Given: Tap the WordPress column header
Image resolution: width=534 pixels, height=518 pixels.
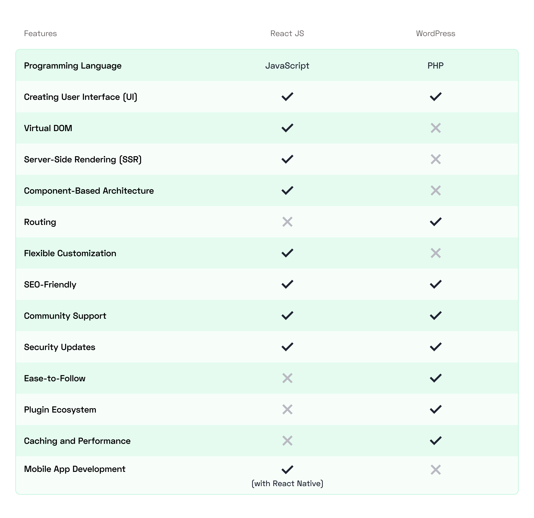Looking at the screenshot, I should tap(435, 33).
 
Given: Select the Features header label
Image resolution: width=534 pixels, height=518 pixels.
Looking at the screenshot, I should tap(40, 33).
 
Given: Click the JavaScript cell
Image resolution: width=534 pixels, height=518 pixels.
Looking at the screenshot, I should tap(287, 66).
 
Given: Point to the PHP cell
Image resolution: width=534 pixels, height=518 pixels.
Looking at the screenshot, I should tap(435, 66).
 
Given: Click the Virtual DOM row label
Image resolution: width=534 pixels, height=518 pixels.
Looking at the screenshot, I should tap(48, 128).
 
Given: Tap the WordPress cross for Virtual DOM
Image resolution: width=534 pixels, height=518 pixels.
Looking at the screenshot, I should tap(436, 128).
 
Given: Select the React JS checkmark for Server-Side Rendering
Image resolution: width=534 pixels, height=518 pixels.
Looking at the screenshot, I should tap(287, 159).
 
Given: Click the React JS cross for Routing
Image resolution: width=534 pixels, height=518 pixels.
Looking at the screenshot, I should tap(287, 222).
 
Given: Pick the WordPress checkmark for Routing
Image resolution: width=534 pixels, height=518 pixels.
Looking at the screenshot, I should tap(436, 222).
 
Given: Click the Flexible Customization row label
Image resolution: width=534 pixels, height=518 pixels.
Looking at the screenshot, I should tap(70, 253).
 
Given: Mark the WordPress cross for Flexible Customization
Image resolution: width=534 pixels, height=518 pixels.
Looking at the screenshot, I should tap(436, 253).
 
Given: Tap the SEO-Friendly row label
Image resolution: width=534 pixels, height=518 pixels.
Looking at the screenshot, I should tap(50, 284).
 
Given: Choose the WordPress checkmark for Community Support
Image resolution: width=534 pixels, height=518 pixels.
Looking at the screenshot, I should tap(436, 316).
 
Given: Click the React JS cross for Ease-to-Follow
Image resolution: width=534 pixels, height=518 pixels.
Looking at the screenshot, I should tap(287, 378).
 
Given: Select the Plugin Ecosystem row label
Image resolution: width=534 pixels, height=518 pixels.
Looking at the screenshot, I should tap(60, 410).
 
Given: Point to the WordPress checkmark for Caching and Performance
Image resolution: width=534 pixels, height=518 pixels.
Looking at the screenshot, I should tap(436, 441).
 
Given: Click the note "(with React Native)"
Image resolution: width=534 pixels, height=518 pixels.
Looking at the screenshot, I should tap(287, 483).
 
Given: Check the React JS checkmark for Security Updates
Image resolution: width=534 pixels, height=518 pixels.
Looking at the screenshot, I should tap(287, 347).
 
